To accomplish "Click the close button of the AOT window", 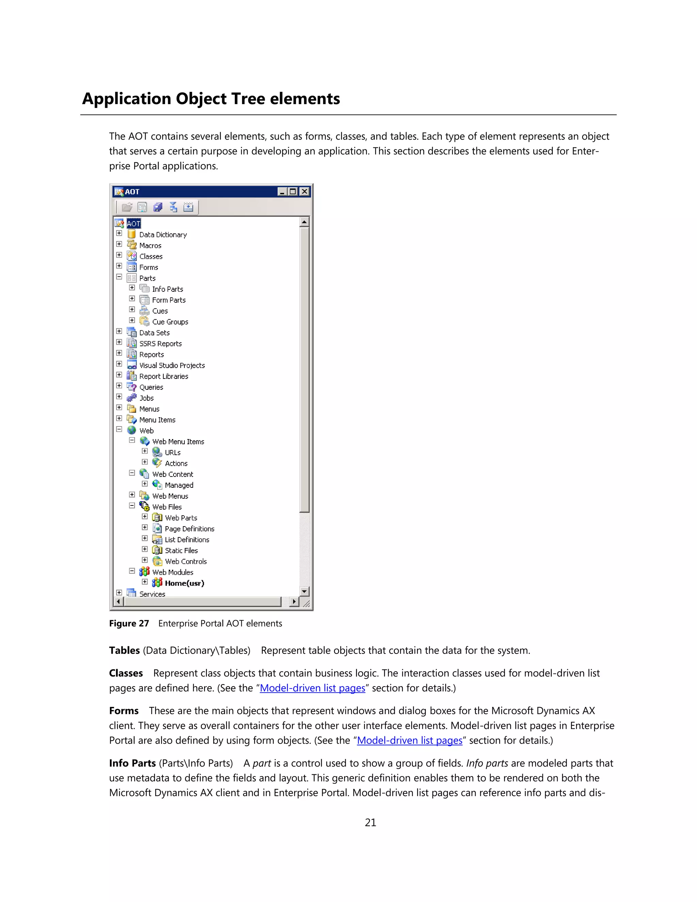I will coord(304,192).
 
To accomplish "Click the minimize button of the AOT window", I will coord(282,192).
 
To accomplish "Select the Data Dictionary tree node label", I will coord(163,235).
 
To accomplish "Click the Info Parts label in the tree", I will coord(167,289).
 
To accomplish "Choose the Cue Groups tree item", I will coord(170,322).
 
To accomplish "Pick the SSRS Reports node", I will coord(160,344).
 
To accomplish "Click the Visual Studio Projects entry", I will coord(172,366).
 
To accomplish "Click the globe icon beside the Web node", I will coord(132,430).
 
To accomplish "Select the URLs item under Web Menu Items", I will coord(173,453).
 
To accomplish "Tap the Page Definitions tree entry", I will coord(189,529).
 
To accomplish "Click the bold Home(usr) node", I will coord(184,583).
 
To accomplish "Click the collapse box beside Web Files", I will coord(132,505).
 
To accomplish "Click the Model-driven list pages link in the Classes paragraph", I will coord(312,688).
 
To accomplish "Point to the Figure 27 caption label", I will coord(129,624).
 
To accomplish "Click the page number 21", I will coord(370,823).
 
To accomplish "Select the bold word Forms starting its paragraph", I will coord(124,711).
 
